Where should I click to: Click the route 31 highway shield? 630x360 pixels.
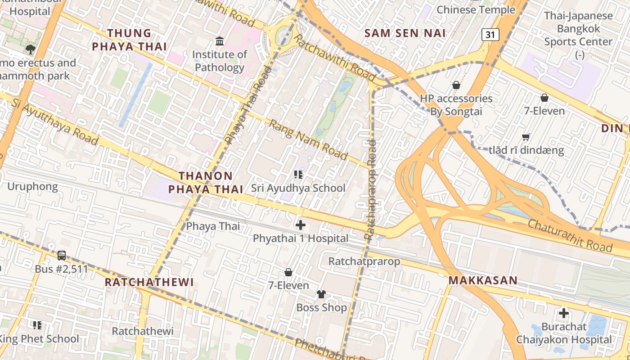pos(490,35)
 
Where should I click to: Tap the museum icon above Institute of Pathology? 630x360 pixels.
pos(220,41)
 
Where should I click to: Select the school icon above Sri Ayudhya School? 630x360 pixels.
pos(298,174)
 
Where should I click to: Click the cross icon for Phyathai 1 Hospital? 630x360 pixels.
pos(300,225)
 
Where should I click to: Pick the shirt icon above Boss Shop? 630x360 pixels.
pos(321,294)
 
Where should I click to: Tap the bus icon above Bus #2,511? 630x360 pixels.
pos(62,256)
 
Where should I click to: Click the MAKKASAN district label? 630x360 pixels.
pos(483,281)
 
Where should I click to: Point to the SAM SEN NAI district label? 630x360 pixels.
pos(405,33)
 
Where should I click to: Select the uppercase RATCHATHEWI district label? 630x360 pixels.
pos(149,282)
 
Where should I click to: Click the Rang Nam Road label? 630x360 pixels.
pos(308,139)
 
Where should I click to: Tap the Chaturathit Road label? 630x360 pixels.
pos(570,236)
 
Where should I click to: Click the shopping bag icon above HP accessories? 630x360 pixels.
pos(456,85)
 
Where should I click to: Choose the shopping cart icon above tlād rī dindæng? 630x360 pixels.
pos(526,137)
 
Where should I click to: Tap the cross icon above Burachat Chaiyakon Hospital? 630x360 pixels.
pos(563,313)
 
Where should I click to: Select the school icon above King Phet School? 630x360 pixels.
pos(37,325)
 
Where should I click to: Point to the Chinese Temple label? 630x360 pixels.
pos(476,9)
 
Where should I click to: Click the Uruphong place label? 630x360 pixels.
pos(32,186)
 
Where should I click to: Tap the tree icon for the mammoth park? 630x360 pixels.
pos(30,49)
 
